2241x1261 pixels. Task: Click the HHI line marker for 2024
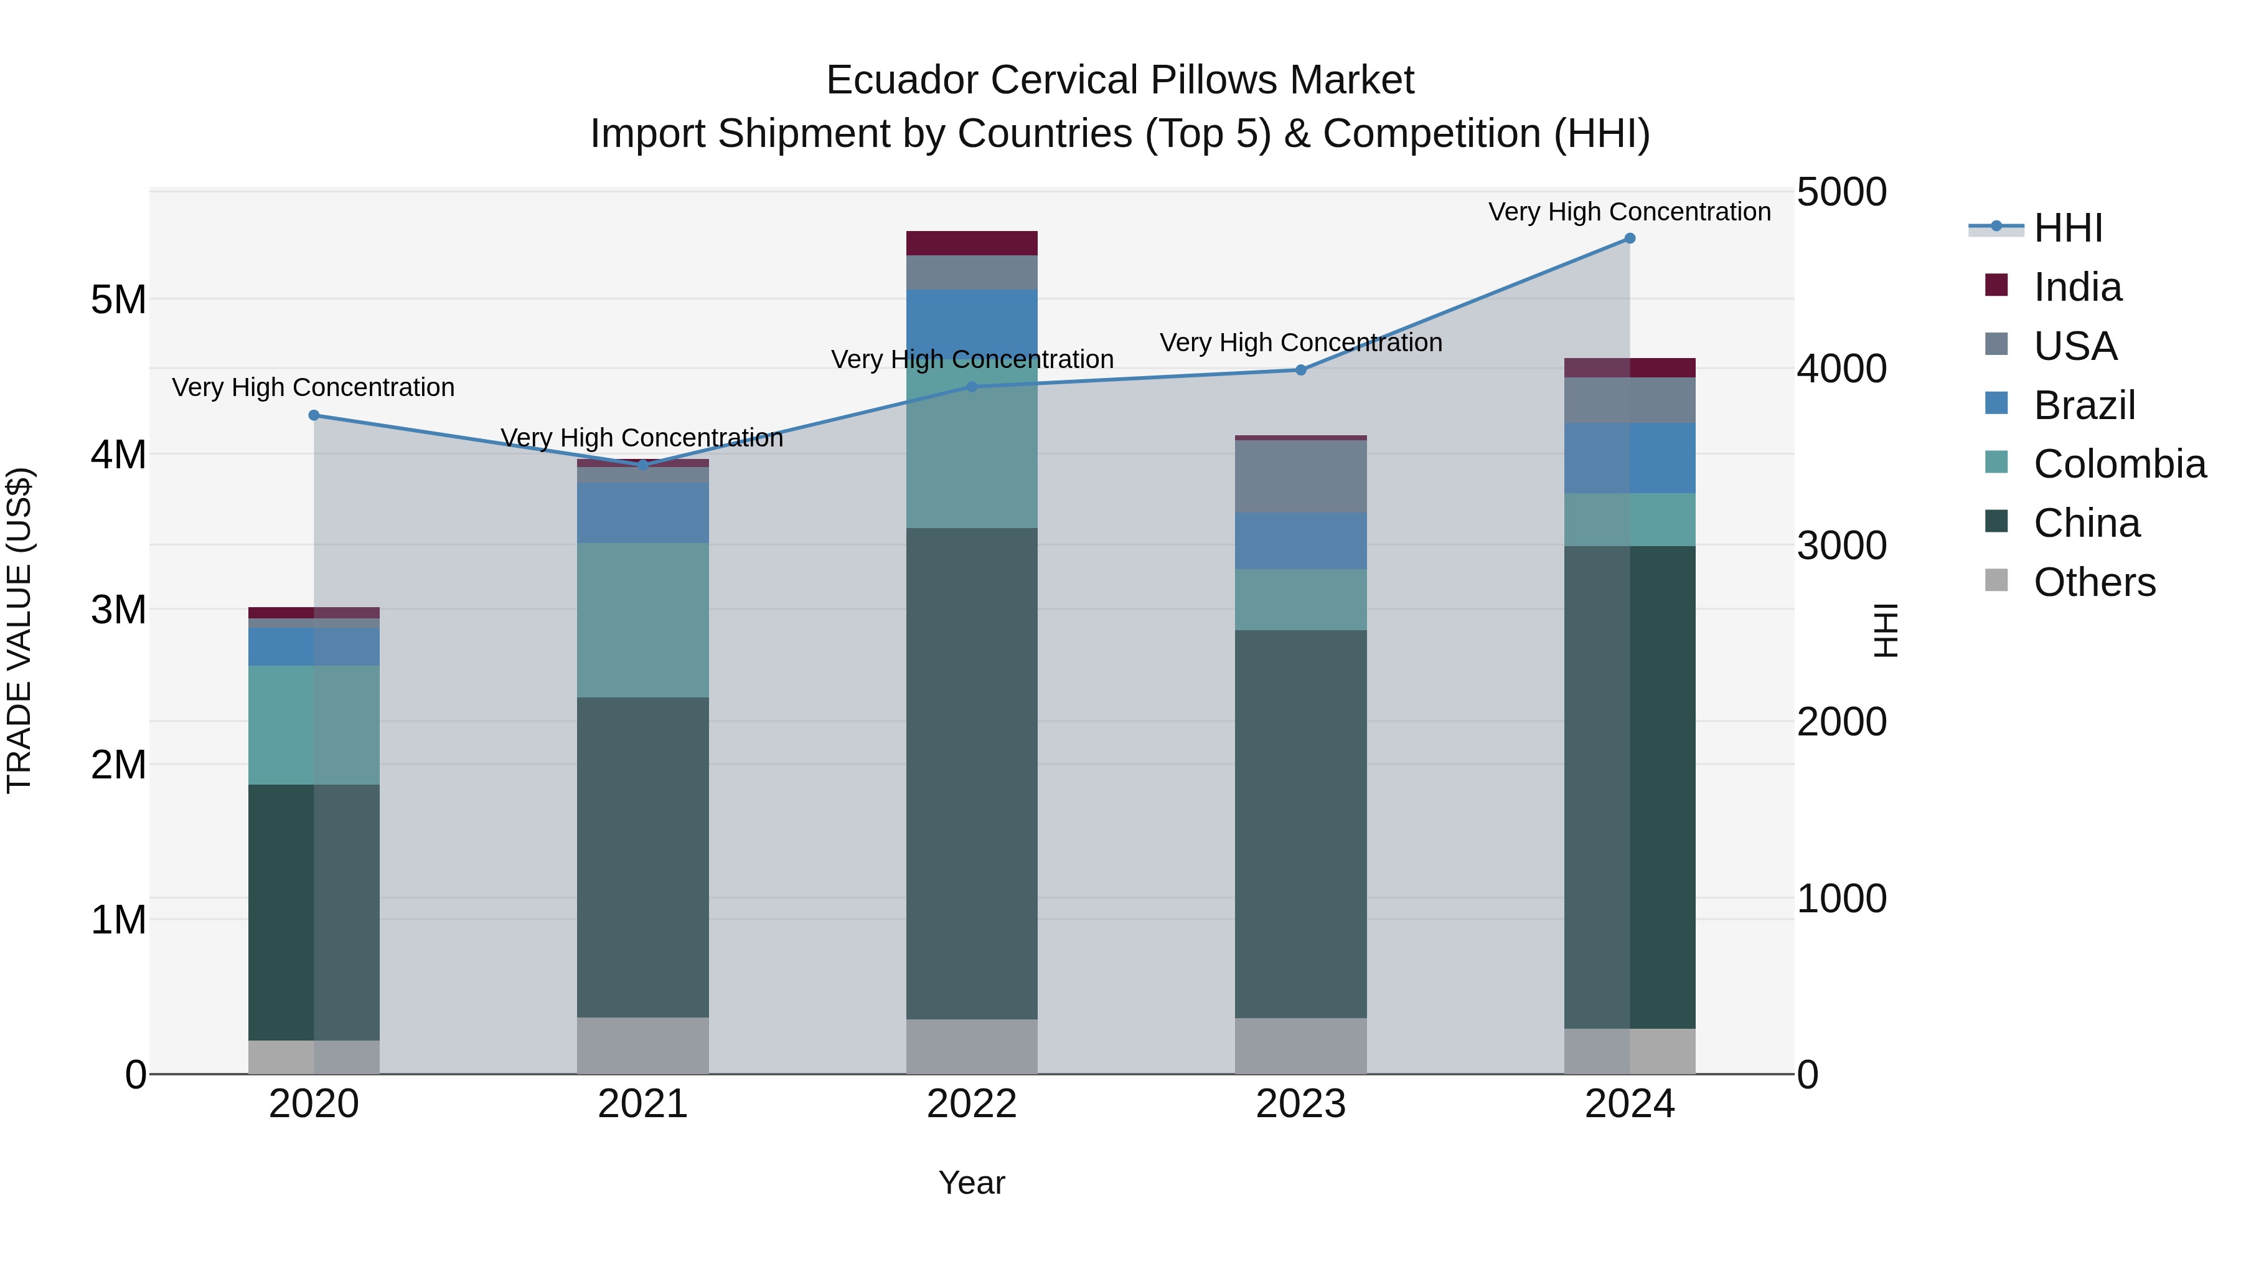[1630, 239]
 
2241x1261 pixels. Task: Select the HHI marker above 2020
[314, 415]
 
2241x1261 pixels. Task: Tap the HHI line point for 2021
[643, 465]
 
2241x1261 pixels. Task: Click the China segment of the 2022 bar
[972, 773]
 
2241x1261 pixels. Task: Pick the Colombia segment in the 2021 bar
[643, 620]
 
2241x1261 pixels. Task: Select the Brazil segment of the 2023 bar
[1300, 541]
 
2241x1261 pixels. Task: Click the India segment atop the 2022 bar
[972, 243]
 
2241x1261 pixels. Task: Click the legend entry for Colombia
[2119, 464]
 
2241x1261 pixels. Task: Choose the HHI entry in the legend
[2067, 228]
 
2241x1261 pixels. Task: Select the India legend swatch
[1996, 285]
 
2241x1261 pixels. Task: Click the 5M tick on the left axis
[118, 300]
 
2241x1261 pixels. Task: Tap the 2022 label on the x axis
[972, 1103]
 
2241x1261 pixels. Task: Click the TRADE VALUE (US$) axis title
[19, 630]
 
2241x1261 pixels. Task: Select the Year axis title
[972, 1183]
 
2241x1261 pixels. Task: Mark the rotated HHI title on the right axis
[1884, 630]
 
